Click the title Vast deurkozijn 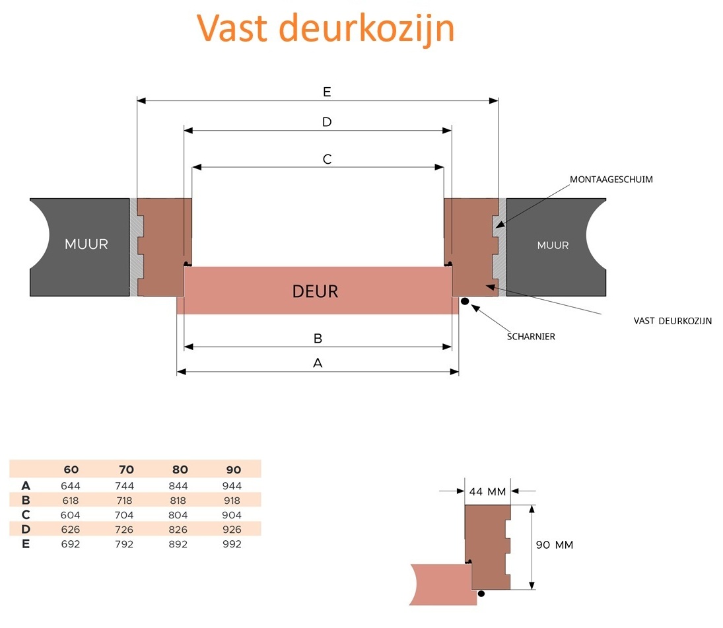(x=326, y=28)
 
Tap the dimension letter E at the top (x=327, y=92)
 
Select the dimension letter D (x=326, y=122)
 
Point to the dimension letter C (x=327, y=159)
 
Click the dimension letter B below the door (x=318, y=338)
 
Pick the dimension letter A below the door (x=318, y=363)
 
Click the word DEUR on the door (x=315, y=291)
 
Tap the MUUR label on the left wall (x=86, y=244)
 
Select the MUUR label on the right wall (x=553, y=245)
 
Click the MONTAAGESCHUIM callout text (x=611, y=179)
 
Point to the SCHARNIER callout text (x=531, y=336)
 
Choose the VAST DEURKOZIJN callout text (x=672, y=322)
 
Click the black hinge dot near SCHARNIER (x=465, y=302)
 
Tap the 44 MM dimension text (x=487, y=491)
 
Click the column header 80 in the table (x=180, y=470)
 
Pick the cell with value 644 (x=71, y=486)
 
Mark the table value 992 (x=232, y=544)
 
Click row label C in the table (x=26, y=514)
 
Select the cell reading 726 (x=124, y=530)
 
